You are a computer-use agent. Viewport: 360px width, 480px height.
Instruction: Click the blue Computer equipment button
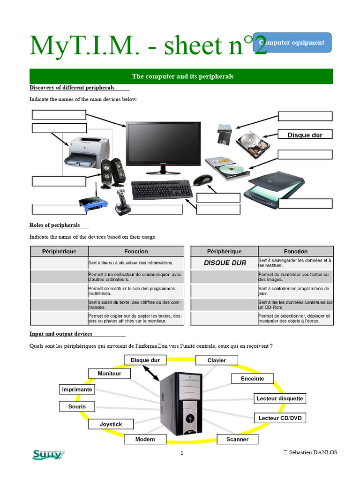click(x=292, y=43)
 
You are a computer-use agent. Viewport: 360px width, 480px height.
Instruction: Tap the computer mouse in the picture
click(x=203, y=180)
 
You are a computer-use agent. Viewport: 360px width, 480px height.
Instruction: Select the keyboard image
click(x=162, y=190)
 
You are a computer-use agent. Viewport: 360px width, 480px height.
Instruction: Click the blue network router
click(x=93, y=202)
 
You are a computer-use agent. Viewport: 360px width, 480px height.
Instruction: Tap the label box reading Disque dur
click(x=305, y=135)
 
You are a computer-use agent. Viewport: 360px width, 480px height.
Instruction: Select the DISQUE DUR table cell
click(x=225, y=263)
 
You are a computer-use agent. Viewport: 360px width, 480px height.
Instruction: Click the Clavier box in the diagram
click(x=217, y=360)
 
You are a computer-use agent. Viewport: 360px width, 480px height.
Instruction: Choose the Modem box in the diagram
click(x=145, y=439)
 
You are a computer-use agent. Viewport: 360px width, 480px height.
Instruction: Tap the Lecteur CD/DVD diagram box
click(x=280, y=418)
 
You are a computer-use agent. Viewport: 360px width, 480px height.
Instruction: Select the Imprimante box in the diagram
click(x=77, y=390)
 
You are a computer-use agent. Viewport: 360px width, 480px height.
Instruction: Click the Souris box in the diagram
click(x=77, y=406)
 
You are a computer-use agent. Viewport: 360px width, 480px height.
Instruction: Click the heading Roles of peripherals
click(x=55, y=225)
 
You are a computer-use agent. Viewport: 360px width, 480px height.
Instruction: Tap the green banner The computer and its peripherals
click(x=181, y=76)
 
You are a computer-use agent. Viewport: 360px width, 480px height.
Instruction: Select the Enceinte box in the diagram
click(x=253, y=379)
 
